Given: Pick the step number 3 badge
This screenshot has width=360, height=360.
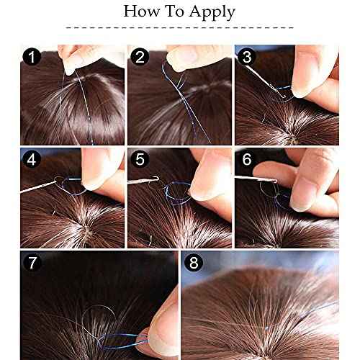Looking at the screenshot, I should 246,56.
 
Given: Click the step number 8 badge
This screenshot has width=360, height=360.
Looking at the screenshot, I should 194,264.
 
